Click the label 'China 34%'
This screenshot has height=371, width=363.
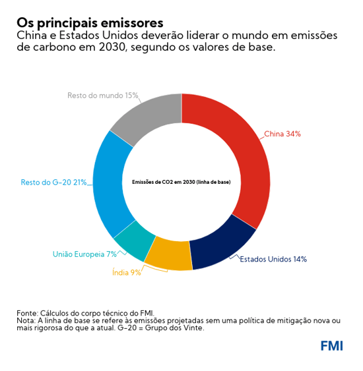[x=282, y=134]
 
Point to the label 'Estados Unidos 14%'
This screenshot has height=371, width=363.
[x=273, y=259]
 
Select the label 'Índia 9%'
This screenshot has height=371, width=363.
[x=126, y=272]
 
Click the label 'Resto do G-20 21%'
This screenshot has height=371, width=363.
[x=53, y=182]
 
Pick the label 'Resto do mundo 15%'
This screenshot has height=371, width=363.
[x=102, y=96]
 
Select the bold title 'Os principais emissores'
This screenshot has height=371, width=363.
[x=90, y=23]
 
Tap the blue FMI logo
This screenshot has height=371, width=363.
[x=331, y=346]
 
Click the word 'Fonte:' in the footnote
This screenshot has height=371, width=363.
[x=27, y=312]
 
